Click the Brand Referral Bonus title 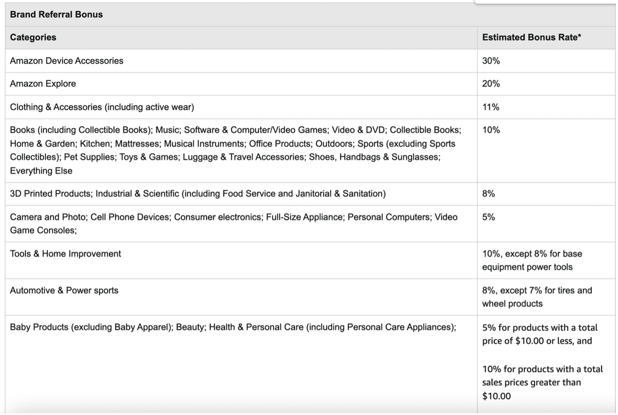tap(56, 14)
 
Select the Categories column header tap(33, 37)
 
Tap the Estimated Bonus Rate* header tap(531, 37)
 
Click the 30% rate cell tap(491, 61)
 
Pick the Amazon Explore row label tap(43, 84)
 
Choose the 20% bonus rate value tap(491, 84)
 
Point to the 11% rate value tap(490, 107)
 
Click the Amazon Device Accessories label tap(67, 61)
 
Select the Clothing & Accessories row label tap(102, 107)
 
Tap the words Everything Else tap(41, 171)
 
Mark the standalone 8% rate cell tap(488, 194)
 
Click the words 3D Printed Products tap(50, 194)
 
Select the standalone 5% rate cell tap(488, 217)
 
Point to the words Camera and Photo tap(48, 217)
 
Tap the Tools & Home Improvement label tap(65, 254)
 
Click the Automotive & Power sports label tap(64, 290)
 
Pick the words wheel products tap(512, 304)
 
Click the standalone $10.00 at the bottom tap(496, 396)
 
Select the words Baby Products tap(39, 327)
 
